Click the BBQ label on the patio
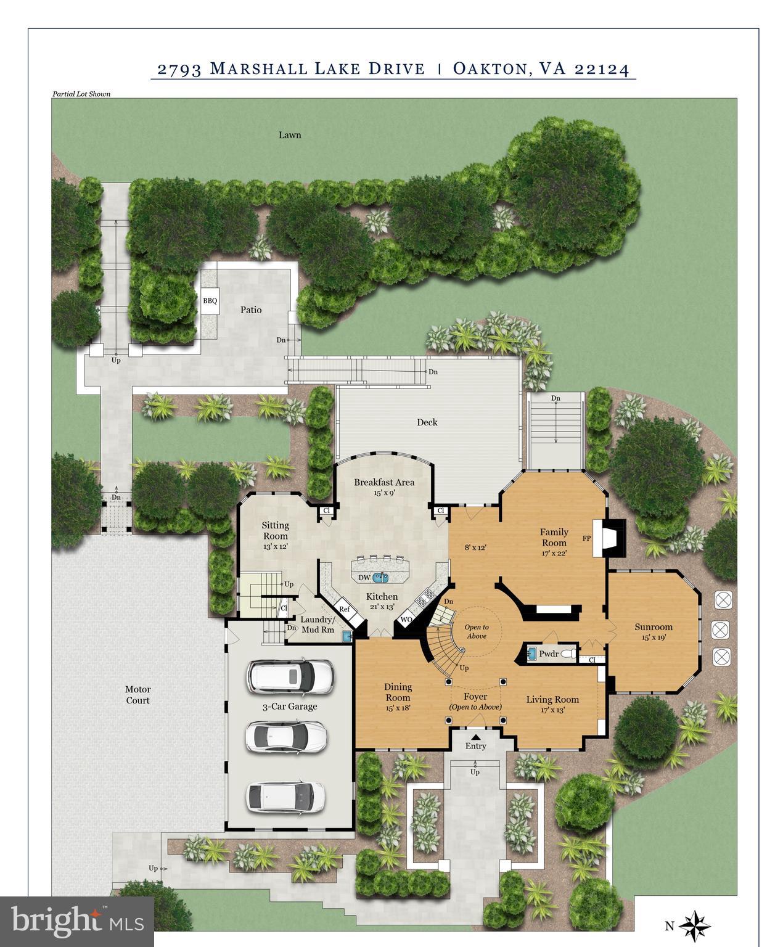point(210,301)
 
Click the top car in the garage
point(290,676)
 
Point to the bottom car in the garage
point(285,796)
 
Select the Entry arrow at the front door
point(475,736)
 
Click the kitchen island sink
point(380,578)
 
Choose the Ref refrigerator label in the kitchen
point(344,609)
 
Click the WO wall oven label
point(407,619)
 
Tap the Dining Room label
point(398,692)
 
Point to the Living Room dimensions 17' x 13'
point(552,710)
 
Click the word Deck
point(427,422)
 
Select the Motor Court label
point(137,695)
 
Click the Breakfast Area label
point(383,482)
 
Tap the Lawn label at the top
point(289,134)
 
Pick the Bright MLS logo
point(76,922)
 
